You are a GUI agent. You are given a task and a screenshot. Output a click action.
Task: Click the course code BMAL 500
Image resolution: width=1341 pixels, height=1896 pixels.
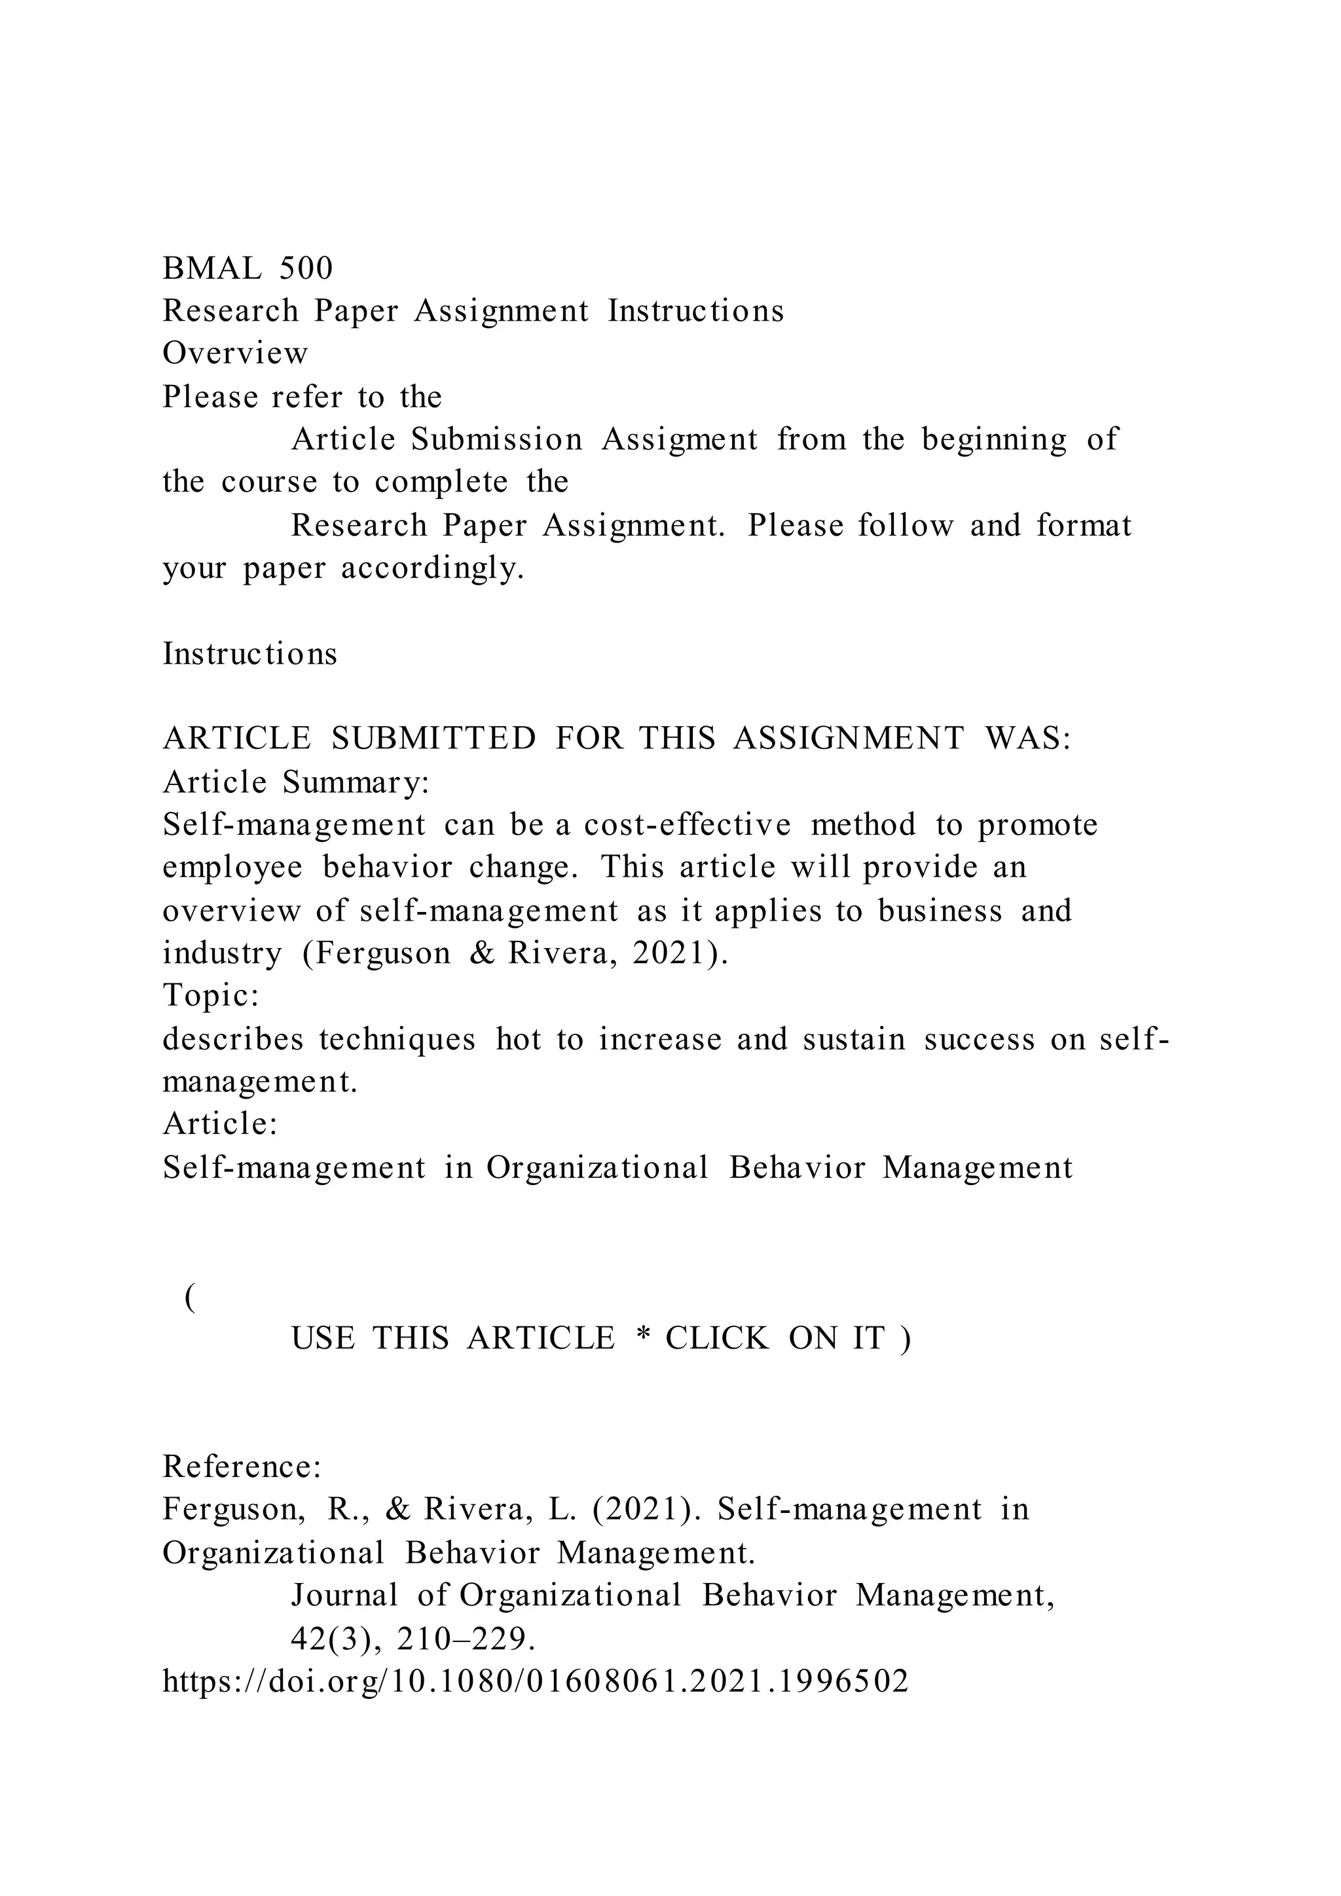[247, 268]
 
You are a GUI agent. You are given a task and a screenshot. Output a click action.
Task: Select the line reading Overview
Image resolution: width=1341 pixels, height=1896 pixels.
[234, 354]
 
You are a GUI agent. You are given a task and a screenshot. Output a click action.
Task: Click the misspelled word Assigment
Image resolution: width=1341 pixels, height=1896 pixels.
[679, 439]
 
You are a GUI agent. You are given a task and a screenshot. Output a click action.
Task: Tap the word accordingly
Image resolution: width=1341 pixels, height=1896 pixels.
[432, 568]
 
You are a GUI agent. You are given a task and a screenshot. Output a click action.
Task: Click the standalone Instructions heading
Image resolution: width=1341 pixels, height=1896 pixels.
[249, 654]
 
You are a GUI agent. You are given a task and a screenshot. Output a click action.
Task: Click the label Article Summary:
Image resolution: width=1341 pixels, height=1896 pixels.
[295, 781]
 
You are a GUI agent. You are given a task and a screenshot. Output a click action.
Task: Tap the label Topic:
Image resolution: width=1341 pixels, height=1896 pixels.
[211, 995]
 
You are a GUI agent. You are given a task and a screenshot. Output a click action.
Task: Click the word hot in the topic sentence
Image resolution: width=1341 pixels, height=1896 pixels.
[518, 1039]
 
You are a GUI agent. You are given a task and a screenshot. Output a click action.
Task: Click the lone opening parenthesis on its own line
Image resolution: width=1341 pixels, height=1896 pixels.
[191, 1298]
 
